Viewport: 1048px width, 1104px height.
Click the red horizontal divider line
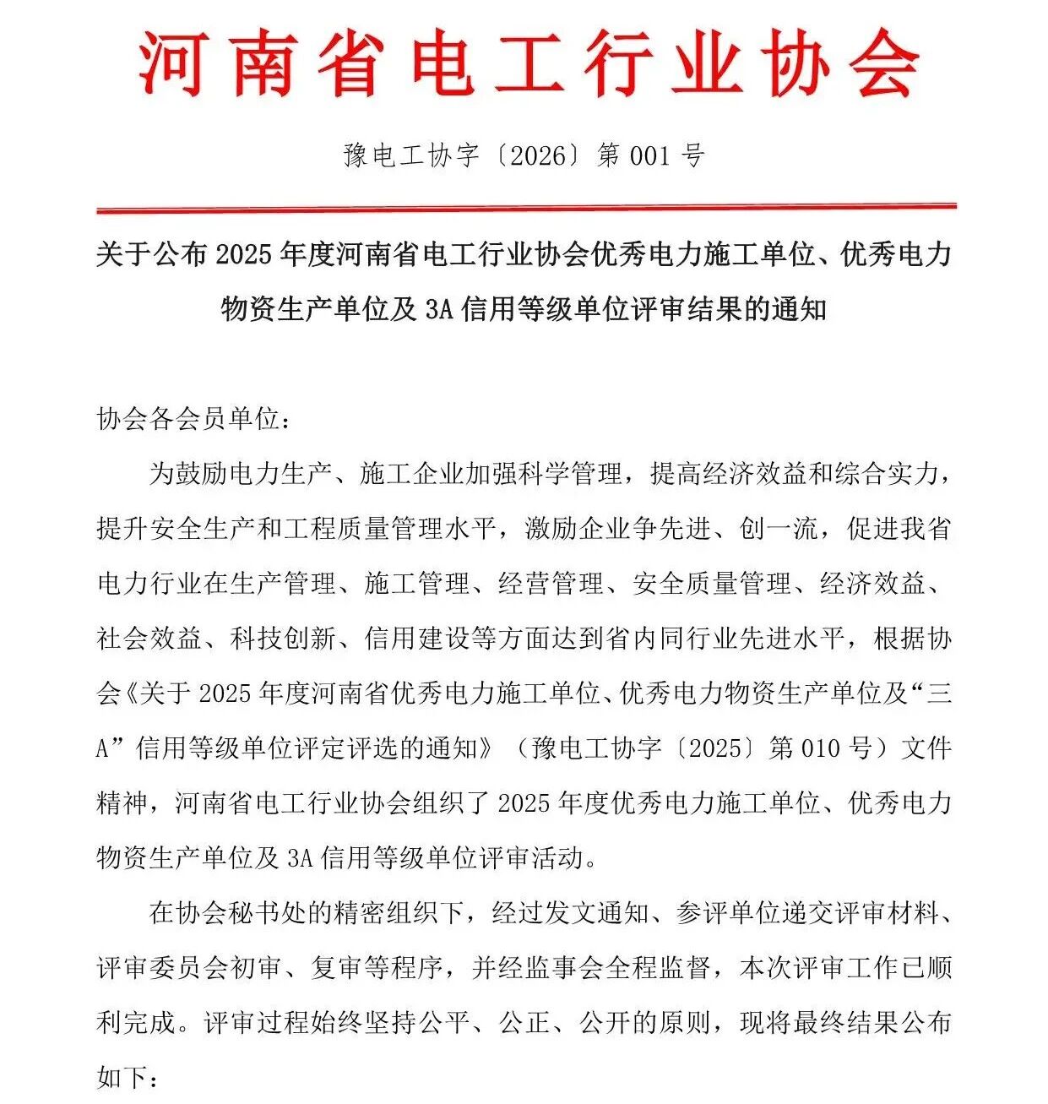point(525,207)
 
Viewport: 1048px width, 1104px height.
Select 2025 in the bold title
point(246,254)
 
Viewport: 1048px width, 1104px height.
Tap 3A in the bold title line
point(439,309)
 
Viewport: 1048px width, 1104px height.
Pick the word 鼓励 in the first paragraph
point(201,474)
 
